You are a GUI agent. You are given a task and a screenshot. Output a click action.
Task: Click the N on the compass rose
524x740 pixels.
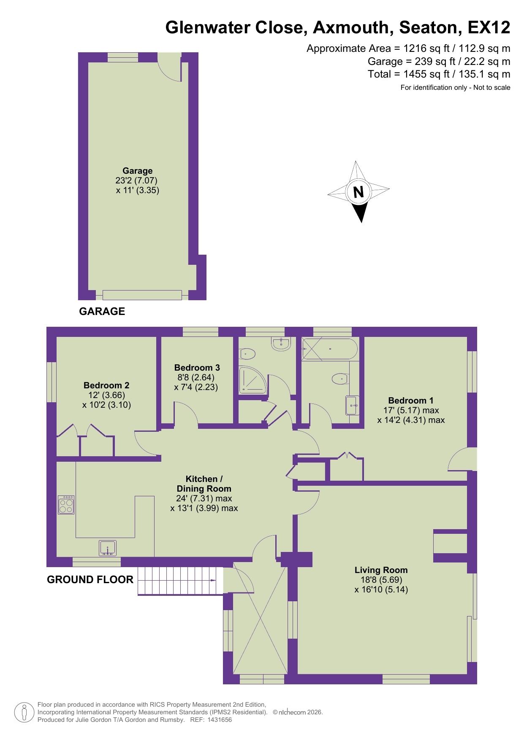tap(358, 192)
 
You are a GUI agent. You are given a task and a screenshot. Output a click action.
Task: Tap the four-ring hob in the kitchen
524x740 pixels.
tap(66, 504)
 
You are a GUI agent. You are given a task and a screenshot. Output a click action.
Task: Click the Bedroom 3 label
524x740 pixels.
tap(197, 367)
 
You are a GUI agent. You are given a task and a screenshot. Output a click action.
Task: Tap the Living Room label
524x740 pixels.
tap(381, 570)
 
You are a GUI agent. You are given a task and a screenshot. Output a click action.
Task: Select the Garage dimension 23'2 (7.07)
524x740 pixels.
tap(136, 180)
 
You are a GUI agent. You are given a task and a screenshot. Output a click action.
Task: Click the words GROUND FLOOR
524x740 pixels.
tap(90, 579)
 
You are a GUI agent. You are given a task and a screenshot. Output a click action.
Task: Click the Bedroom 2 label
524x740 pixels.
tap(106, 385)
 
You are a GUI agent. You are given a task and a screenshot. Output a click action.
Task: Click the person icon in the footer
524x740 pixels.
tap(24, 712)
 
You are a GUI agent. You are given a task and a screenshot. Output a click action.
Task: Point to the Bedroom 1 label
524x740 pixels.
tap(411, 400)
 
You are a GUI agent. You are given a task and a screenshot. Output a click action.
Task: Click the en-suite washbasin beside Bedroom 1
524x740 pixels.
tap(352, 405)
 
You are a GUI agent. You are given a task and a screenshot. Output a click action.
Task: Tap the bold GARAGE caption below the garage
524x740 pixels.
tap(102, 311)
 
